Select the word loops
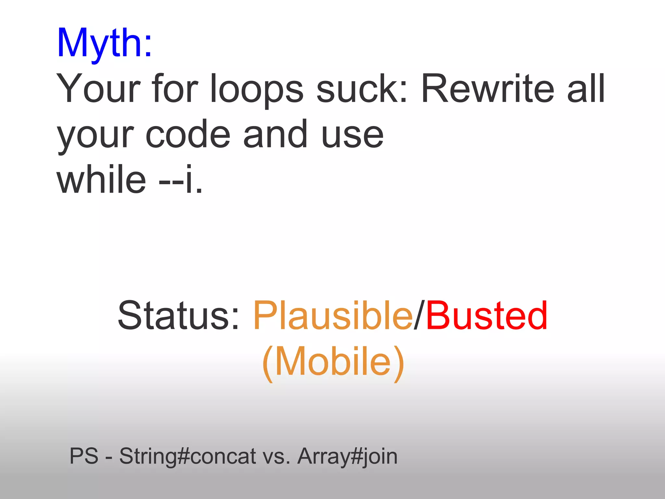click(x=257, y=88)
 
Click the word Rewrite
click(x=487, y=88)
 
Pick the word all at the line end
click(x=586, y=88)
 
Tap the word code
click(x=188, y=134)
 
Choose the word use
click(x=353, y=134)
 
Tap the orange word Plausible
click(x=332, y=315)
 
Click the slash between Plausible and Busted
click(x=419, y=315)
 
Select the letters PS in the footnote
click(x=84, y=456)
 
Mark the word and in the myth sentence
click(x=275, y=134)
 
